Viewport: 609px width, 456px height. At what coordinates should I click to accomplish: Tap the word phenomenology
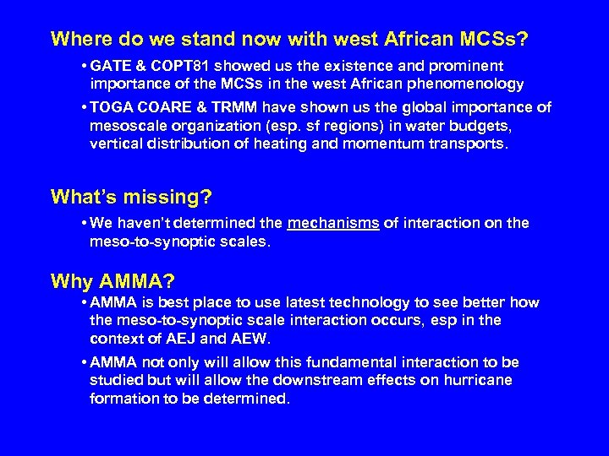(469, 84)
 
